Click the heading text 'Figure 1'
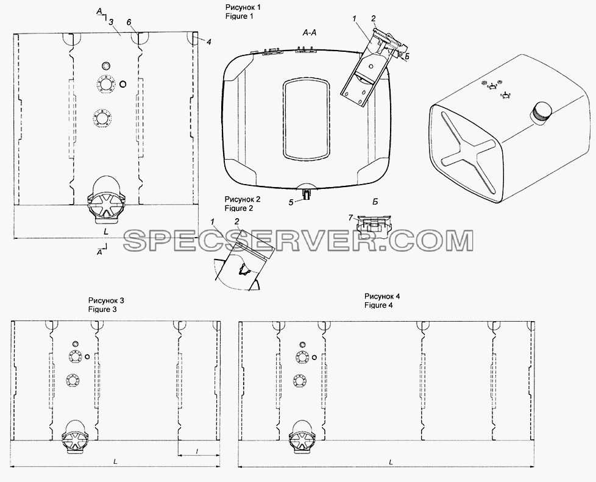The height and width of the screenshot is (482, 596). [x=239, y=16]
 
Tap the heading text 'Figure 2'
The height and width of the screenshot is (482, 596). [x=239, y=208]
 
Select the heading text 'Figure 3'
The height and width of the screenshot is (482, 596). [x=102, y=310]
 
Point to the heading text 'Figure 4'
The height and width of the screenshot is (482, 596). [x=378, y=305]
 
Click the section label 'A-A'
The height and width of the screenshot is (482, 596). [x=310, y=33]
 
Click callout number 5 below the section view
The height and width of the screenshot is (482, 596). [x=291, y=202]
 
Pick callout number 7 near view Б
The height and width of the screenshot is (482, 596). [x=351, y=218]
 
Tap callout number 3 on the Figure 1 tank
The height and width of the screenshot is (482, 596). [x=111, y=23]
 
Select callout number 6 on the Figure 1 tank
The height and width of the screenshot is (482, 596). [x=129, y=23]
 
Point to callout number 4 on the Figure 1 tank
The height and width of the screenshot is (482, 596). [x=208, y=42]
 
